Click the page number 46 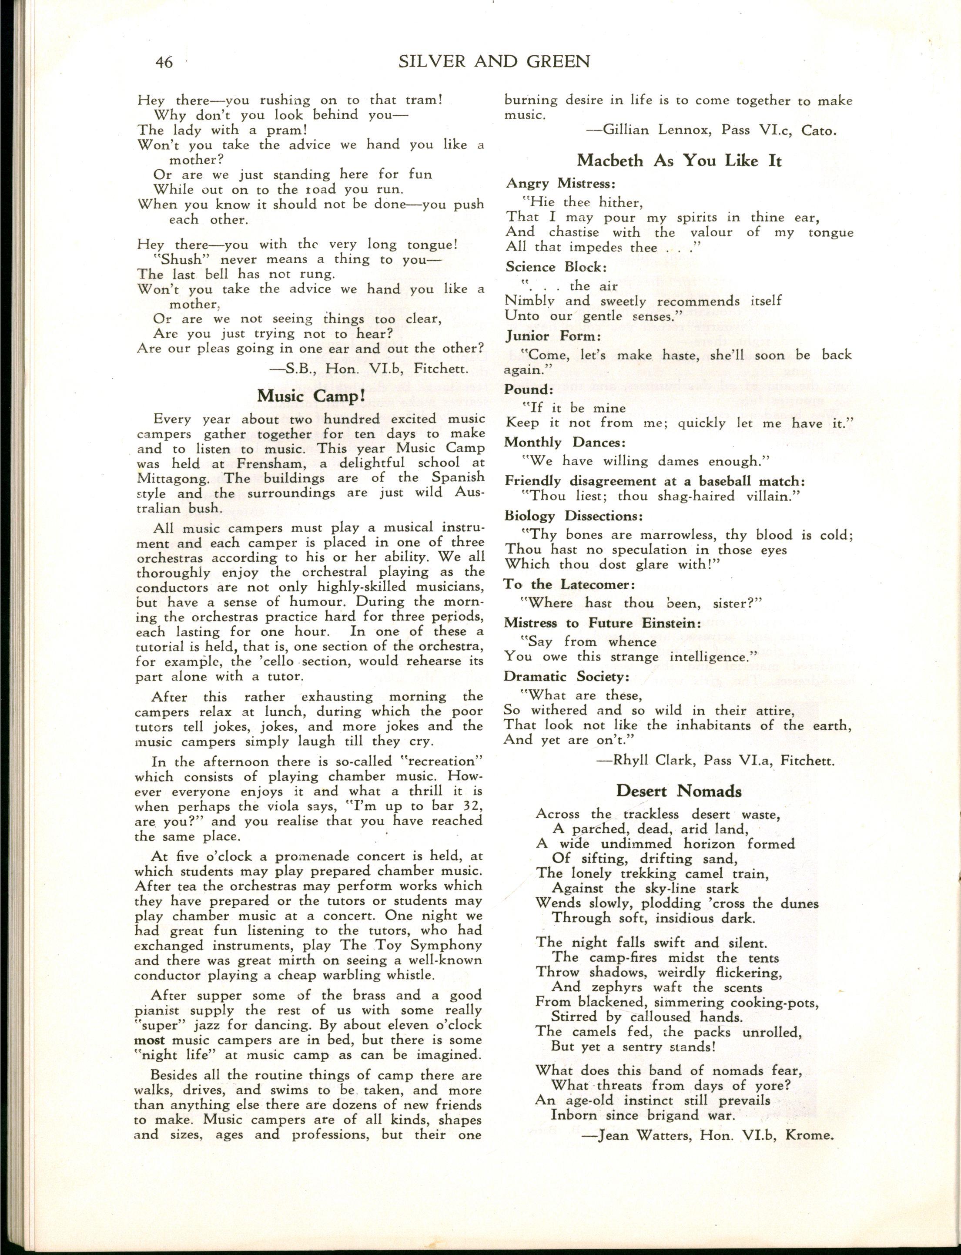(x=164, y=62)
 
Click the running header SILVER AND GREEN (x=494, y=61)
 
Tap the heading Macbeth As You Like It (x=679, y=161)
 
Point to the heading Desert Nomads (x=679, y=792)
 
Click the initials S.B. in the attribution (x=298, y=369)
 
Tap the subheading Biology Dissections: (x=574, y=516)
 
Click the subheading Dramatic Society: (x=566, y=677)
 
